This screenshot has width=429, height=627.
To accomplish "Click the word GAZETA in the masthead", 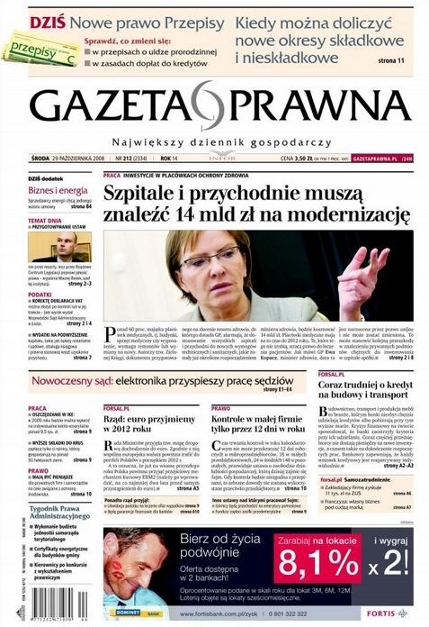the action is tap(105, 107).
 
